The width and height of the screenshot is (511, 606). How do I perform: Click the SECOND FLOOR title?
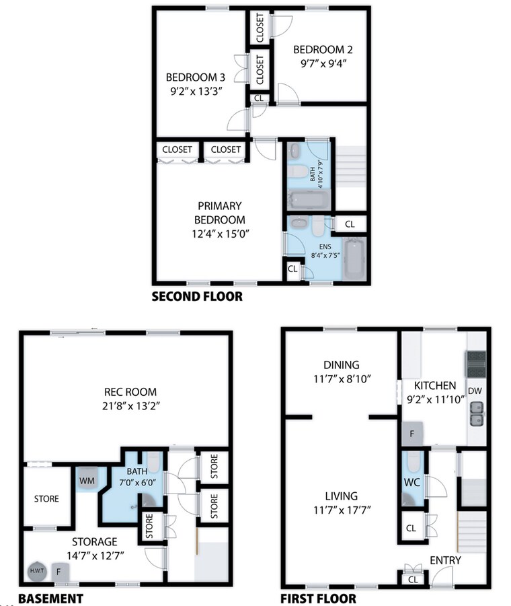196,296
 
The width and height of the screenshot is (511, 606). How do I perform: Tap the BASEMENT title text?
50,598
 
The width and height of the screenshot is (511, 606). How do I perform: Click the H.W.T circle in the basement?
36,571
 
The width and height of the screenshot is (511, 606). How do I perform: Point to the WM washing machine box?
86,481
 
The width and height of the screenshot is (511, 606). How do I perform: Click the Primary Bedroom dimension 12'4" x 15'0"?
220,234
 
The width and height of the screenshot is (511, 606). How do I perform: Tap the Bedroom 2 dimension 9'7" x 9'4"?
323,65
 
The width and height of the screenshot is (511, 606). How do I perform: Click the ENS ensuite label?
316,246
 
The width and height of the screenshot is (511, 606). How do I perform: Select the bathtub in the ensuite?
354,259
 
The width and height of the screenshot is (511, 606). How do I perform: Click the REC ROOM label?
130,391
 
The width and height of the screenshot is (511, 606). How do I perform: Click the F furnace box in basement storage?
58,572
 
